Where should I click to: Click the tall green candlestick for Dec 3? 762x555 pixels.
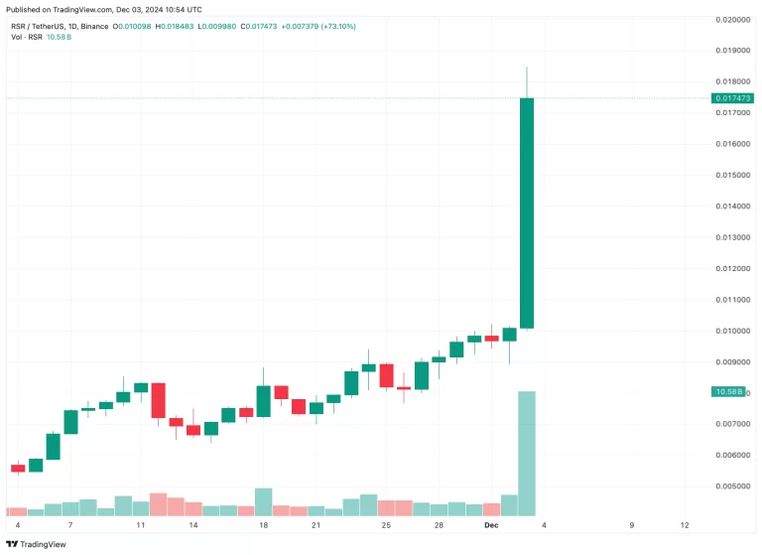(527, 212)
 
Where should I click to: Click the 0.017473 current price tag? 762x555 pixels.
(733, 98)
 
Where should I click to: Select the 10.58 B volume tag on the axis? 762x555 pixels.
(729, 392)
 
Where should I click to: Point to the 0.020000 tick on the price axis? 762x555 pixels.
(733, 19)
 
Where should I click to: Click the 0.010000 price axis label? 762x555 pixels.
(733, 331)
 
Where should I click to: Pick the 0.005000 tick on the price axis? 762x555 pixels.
(733, 486)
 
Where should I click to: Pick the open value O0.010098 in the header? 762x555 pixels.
(134, 27)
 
